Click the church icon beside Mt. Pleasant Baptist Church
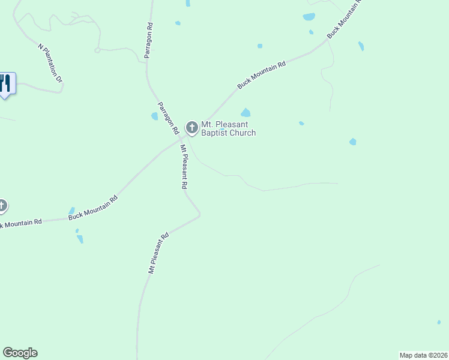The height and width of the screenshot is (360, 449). click(192, 127)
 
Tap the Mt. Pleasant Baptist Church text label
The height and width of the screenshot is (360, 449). click(228, 128)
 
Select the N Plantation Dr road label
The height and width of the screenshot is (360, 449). click(50, 62)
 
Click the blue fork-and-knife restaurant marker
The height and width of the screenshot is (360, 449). click(5, 83)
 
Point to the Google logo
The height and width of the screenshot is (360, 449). click(20, 353)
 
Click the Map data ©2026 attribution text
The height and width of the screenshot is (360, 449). click(423, 355)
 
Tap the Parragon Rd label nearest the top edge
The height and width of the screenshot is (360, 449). click(149, 41)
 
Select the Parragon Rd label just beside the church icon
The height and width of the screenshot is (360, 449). click(168, 118)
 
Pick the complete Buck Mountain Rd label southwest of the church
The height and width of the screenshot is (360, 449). click(92, 208)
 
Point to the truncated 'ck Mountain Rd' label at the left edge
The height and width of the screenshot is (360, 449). click(20, 223)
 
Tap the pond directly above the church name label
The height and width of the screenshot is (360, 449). click(246, 112)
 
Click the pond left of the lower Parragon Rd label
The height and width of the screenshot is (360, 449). click(154, 116)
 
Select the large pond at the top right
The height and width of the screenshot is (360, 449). click(309, 17)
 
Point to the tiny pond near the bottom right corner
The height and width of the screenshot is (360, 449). click(439, 322)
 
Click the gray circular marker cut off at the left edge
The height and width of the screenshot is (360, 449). click(2, 206)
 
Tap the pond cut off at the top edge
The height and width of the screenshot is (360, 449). click(188, 3)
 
